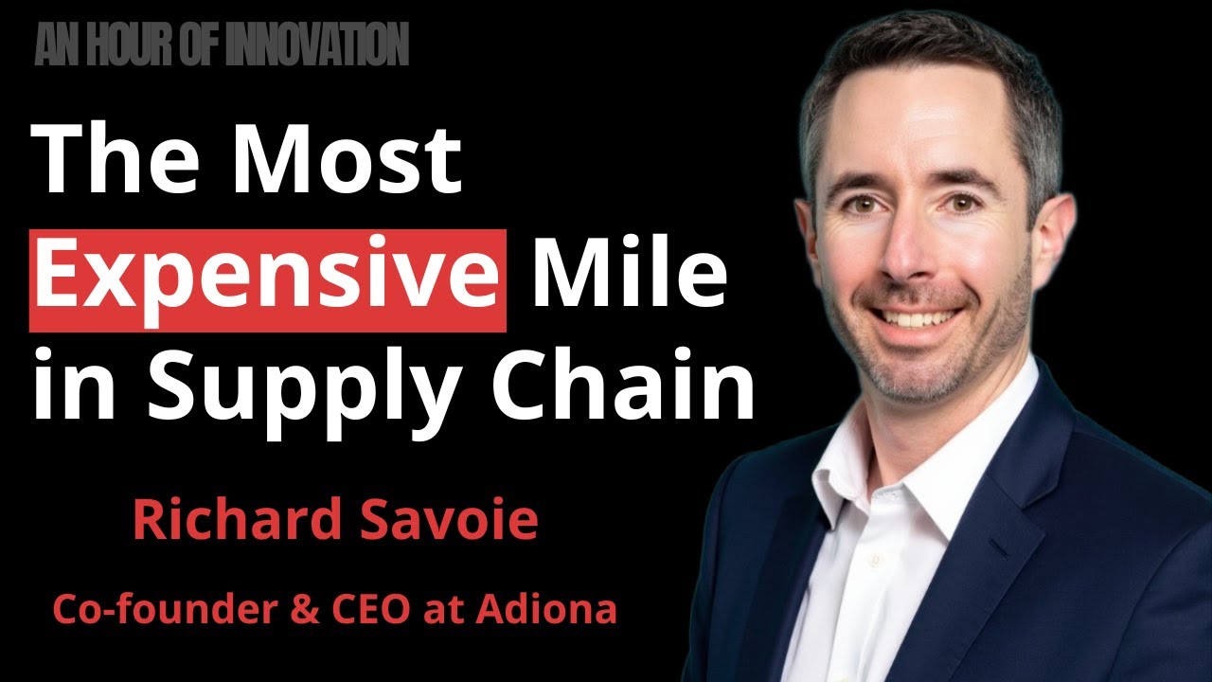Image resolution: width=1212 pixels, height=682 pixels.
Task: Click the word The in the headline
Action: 119,161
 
